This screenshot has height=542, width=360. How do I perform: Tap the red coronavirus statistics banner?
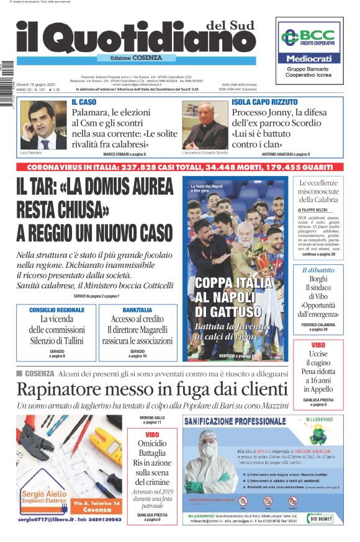click(x=179, y=167)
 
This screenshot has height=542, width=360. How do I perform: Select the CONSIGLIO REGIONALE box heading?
click(x=57, y=309)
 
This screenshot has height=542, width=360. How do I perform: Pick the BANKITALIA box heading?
click(x=137, y=309)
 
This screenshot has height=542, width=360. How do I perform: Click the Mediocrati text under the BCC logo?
click(x=308, y=58)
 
